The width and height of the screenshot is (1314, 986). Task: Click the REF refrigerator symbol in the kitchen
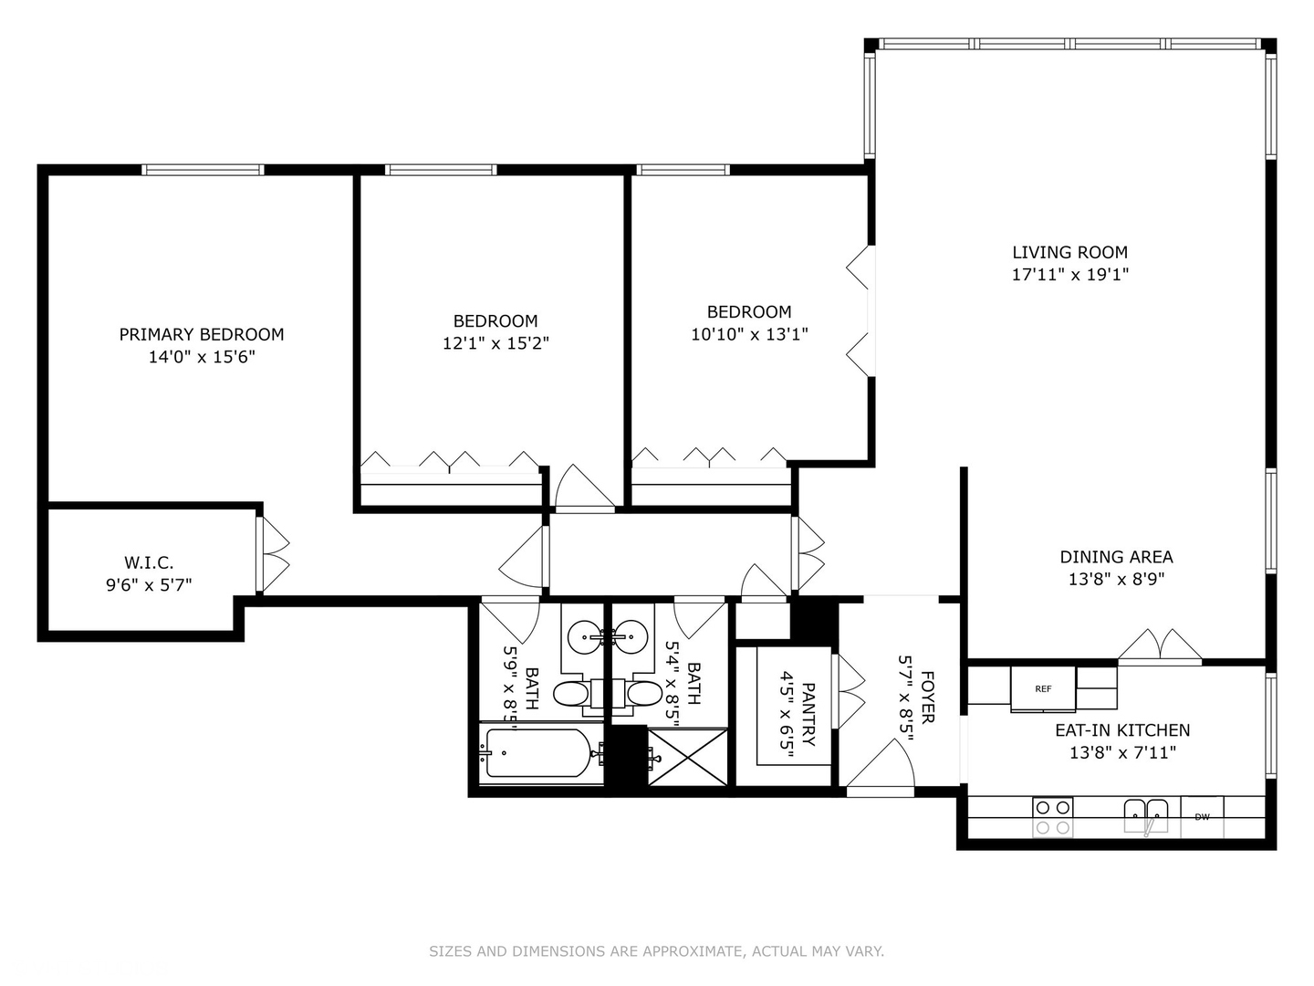point(1043,688)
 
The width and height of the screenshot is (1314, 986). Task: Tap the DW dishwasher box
point(1202,816)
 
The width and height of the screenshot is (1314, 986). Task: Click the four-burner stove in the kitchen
point(1052,817)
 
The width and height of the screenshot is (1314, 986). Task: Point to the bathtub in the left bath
point(537,753)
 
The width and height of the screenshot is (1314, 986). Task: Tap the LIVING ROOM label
point(1069,252)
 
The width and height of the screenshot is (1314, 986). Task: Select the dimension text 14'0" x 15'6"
point(202,357)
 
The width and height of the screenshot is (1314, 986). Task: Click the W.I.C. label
point(149,562)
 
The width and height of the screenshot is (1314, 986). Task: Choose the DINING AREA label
point(1116,556)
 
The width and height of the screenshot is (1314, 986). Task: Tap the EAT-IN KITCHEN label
point(1122,729)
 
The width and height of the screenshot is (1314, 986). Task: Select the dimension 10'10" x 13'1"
point(749,334)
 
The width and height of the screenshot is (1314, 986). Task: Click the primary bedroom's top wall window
point(203,170)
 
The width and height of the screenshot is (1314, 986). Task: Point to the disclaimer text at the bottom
point(656,951)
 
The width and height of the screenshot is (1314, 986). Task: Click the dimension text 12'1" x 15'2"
point(495,343)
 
